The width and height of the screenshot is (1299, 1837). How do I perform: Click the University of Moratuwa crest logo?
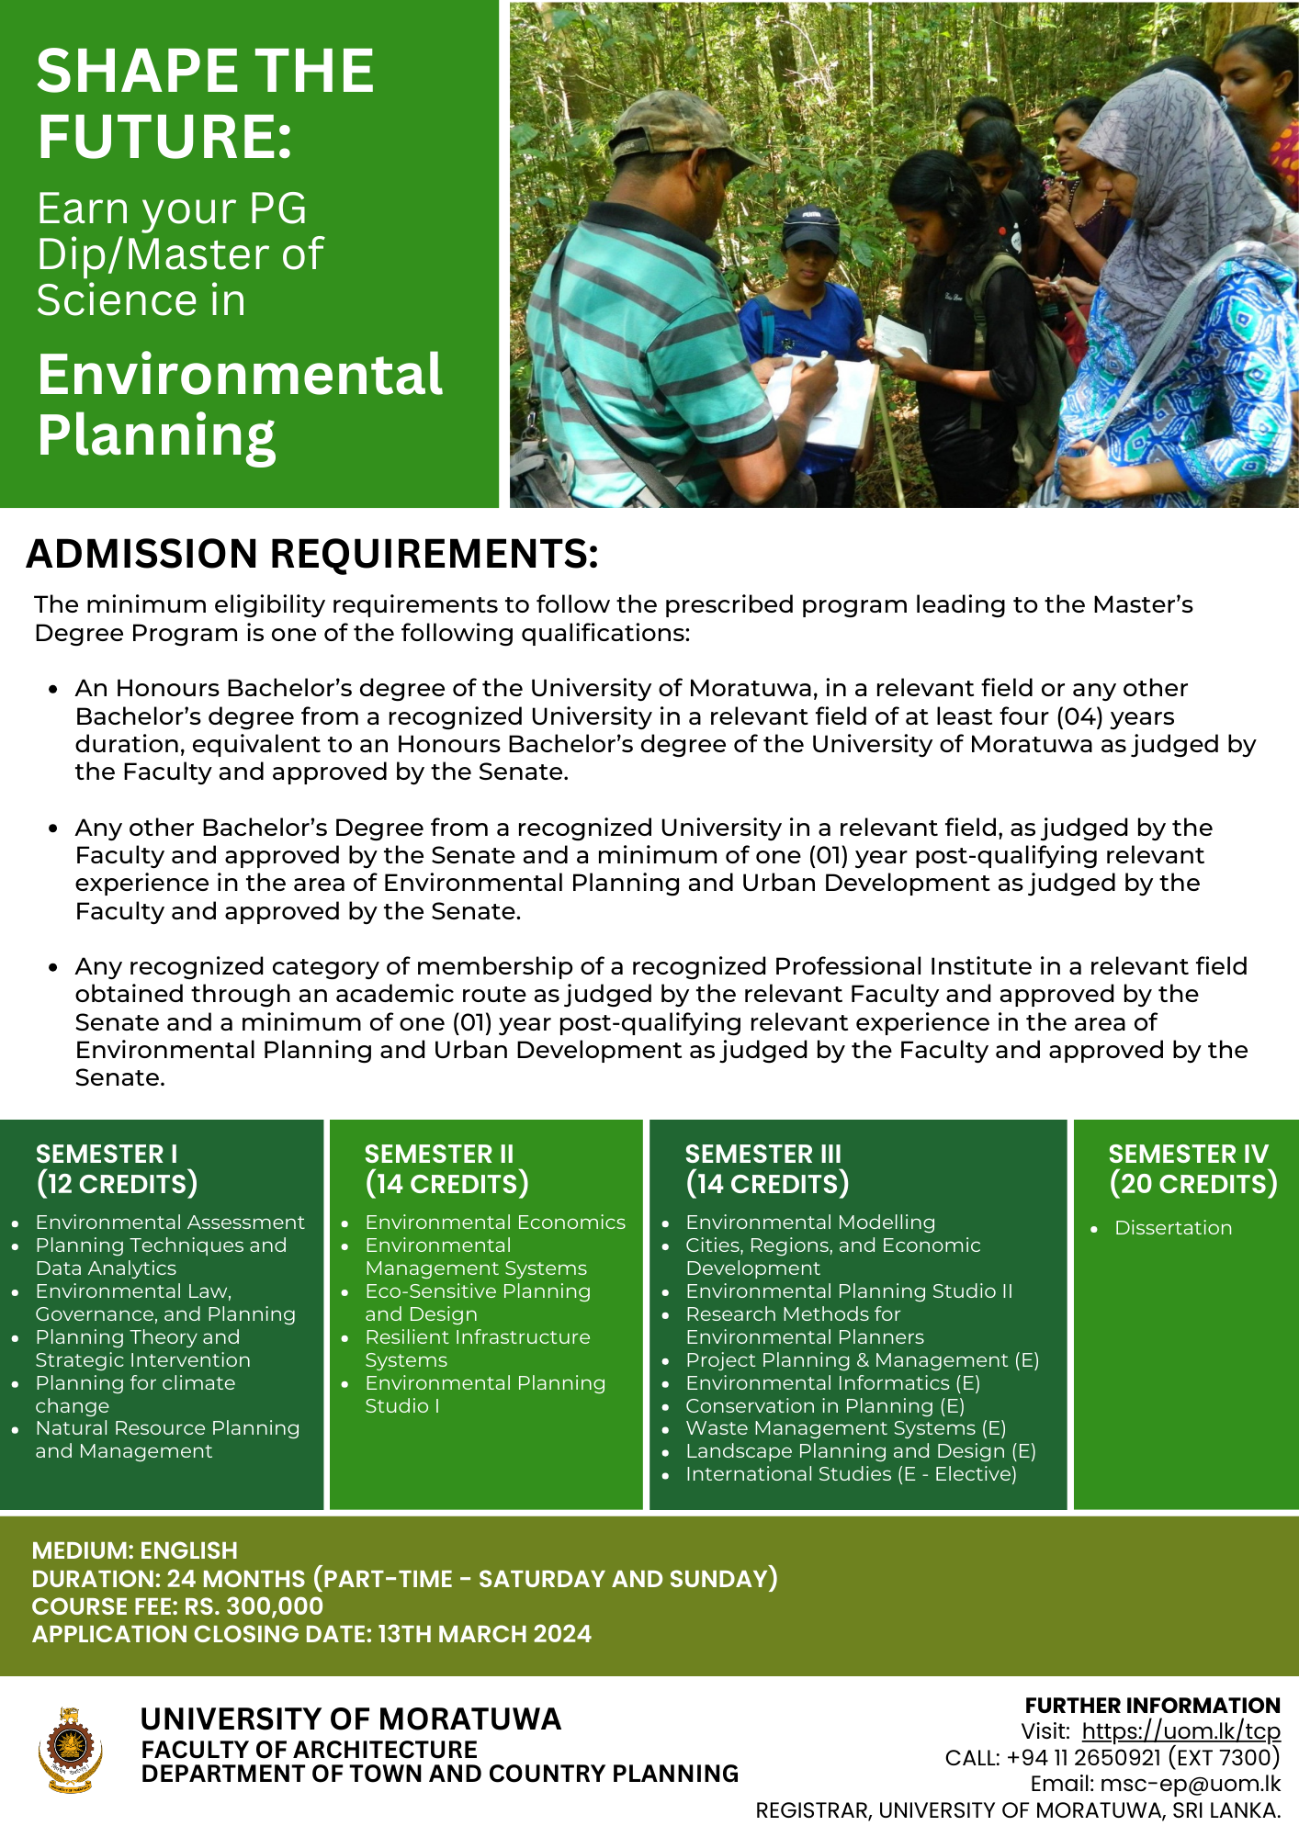tap(70, 1749)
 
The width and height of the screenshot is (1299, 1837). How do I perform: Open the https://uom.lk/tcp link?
tap(1180, 1731)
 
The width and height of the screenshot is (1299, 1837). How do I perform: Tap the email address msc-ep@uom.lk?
tap(1177, 1784)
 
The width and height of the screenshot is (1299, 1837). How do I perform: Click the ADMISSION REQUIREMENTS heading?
tap(312, 554)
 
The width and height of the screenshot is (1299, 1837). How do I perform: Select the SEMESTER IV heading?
tap(1188, 1154)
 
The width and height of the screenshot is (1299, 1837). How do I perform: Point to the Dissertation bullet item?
tap(1172, 1228)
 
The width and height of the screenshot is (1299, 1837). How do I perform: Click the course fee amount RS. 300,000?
tap(254, 1606)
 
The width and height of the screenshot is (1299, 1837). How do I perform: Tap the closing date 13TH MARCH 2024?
tap(484, 1634)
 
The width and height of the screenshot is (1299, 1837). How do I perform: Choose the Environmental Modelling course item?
tap(810, 1223)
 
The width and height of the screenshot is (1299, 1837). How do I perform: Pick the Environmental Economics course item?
tap(494, 1223)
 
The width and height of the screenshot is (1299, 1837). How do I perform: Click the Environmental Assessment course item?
tap(170, 1223)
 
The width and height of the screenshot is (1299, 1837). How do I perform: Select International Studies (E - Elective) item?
tap(851, 1474)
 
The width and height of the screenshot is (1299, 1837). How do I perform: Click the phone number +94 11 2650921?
tap(1084, 1758)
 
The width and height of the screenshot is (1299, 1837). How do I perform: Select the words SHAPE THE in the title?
tap(206, 72)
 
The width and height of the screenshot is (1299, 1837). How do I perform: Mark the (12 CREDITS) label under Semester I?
tap(117, 1184)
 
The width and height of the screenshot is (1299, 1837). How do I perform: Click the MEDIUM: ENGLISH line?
tap(135, 1550)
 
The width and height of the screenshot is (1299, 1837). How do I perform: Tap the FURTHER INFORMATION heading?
tap(1152, 1706)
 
